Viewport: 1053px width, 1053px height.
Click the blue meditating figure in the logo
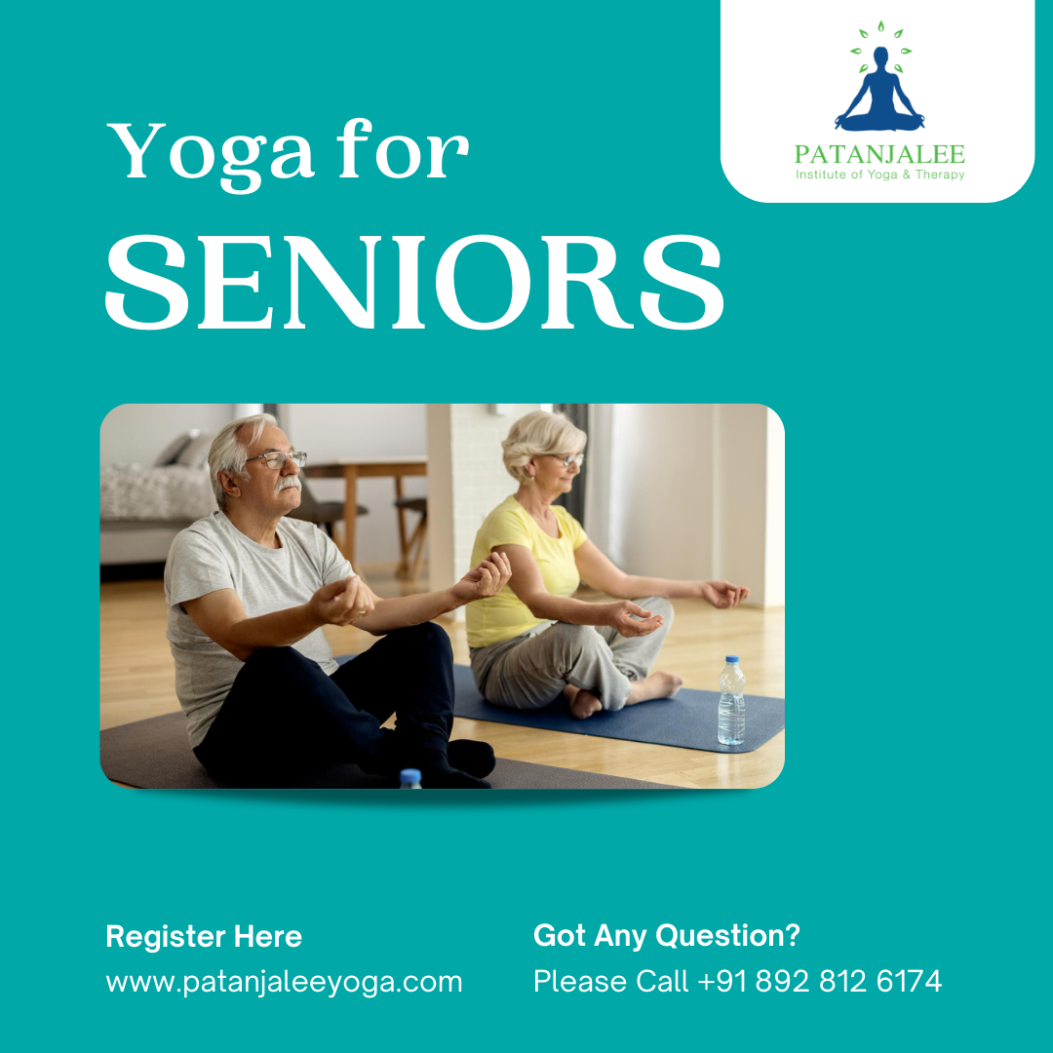pos(878,93)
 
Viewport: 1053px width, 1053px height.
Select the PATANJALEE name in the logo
pos(879,154)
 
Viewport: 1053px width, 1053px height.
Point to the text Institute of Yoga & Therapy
pos(879,175)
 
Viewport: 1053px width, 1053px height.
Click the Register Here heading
pos(204,937)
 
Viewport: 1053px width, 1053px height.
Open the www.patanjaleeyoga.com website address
pos(284,981)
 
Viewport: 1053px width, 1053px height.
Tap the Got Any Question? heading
pos(666,936)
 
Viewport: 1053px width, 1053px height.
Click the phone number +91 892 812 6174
pos(820,981)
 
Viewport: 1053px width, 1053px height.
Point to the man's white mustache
pos(288,483)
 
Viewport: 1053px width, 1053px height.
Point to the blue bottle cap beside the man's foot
pos(410,777)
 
